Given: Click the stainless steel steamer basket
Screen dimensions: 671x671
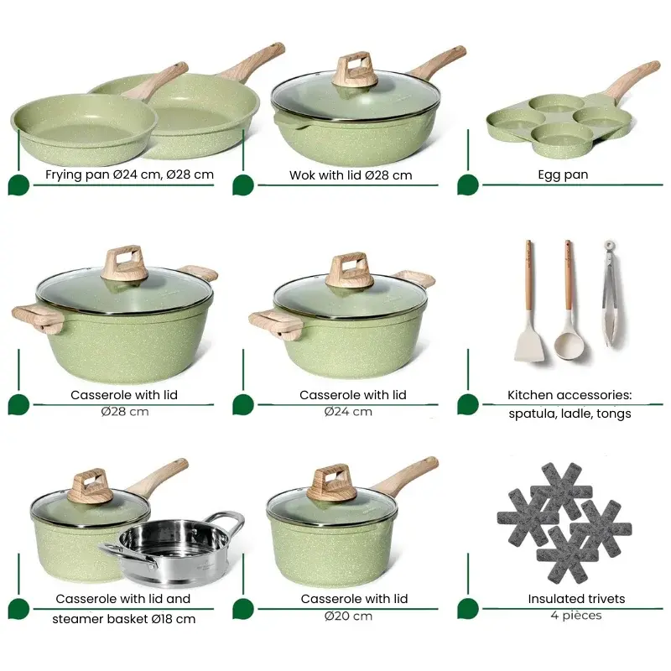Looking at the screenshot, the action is [x=174, y=550].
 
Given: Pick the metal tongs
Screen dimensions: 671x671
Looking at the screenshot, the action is [x=611, y=293].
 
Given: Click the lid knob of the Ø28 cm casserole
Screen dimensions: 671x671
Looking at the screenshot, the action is [x=126, y=264].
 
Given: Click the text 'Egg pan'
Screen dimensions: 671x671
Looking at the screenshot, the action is [x=563, y=174].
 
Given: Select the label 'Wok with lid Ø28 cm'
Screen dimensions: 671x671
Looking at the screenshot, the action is [x=351, y=175].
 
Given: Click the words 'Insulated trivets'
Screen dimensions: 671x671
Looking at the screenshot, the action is [x=576, y=599].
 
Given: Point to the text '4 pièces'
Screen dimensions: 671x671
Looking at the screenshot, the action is [x=576, y=616].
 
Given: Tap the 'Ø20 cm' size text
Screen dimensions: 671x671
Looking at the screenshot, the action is [x=348, y=616].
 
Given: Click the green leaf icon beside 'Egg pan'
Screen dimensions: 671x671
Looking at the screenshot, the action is [x=468, y=185].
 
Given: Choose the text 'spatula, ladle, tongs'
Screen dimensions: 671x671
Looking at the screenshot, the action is [x=570, y=414].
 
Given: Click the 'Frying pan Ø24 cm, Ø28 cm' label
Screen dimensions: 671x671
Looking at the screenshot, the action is [x=129, y=174].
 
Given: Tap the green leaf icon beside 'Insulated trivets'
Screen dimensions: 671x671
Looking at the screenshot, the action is [x=468, y=609].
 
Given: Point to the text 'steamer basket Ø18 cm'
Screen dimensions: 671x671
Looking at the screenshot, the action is [x=123, y=619].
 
